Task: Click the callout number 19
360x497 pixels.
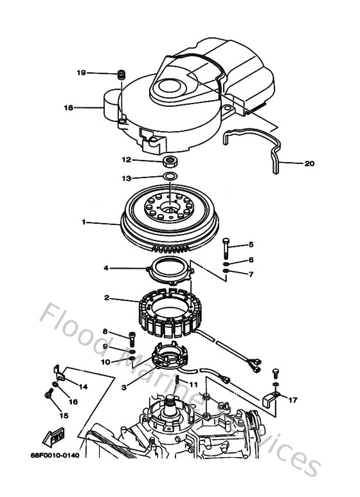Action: [81, 73]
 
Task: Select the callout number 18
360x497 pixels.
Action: [68, 108]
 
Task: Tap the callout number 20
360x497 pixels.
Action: [309, 163]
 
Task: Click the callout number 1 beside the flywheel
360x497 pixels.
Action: [84, 222]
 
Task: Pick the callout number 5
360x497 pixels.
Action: [251, 245]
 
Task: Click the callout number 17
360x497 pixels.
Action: [293, 400]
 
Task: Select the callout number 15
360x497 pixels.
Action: [63, 415]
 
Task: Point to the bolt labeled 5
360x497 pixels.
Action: [226, 246]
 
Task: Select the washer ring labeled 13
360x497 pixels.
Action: [169, 176]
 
